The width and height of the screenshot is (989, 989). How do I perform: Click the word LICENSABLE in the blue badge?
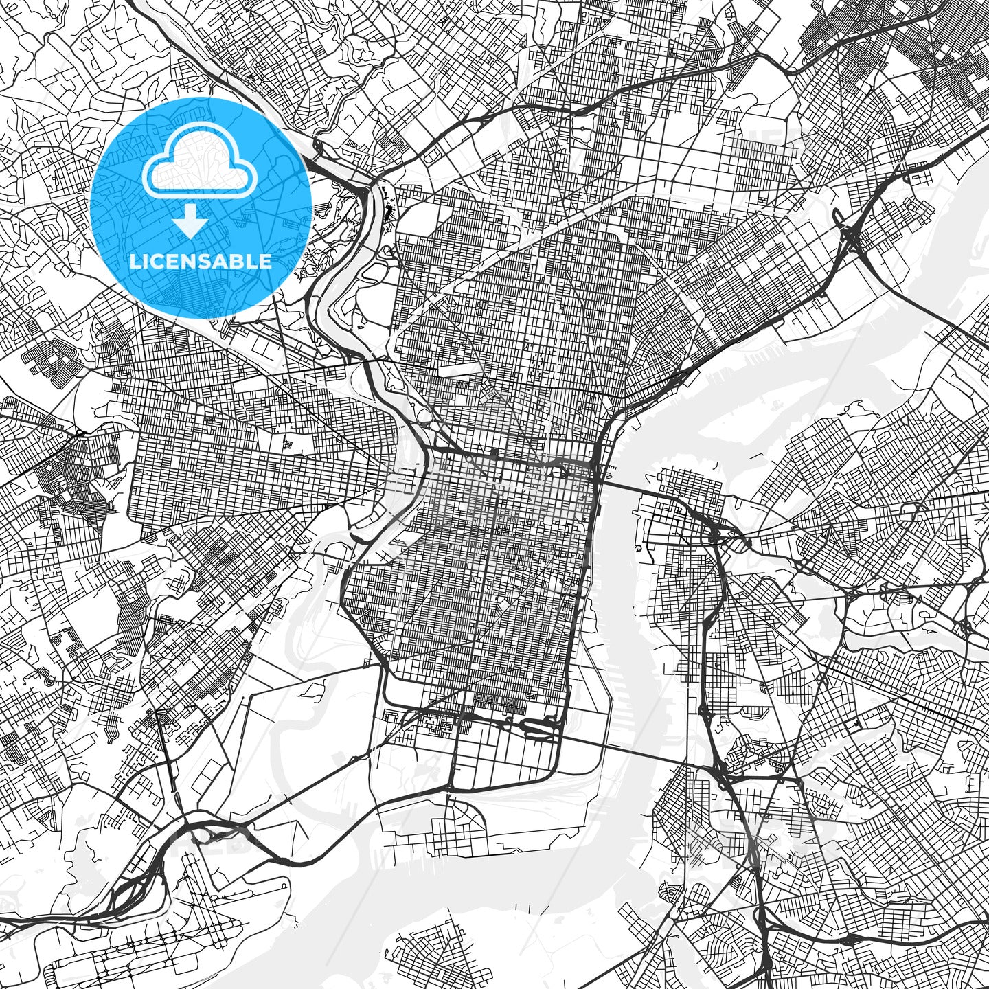(200, 261)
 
